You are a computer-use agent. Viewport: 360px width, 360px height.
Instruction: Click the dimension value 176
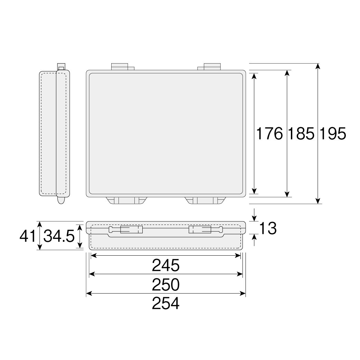pos(269,134)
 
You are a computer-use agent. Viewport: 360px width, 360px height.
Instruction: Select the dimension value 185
pos(301,134)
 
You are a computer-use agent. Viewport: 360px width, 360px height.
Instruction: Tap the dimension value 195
pos(333,134)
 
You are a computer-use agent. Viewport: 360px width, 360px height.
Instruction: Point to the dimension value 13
pos(268,228)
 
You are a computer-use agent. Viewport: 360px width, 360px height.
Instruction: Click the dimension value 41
pos(28,236)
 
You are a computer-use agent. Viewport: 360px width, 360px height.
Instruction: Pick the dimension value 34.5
pos(59,236)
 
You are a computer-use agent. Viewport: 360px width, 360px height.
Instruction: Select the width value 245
pos(165,265)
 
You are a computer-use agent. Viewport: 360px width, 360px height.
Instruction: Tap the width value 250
pos(165,285)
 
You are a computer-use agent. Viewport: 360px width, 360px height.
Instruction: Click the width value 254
pos(165,304)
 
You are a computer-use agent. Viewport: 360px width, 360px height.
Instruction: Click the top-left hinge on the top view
pos(123,67)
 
